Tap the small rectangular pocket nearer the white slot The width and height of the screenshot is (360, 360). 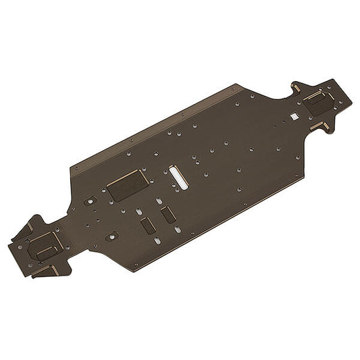(167, 215)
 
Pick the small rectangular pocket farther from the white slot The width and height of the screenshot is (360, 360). (147, 226)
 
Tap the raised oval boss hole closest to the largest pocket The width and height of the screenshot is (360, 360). (89, 201)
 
